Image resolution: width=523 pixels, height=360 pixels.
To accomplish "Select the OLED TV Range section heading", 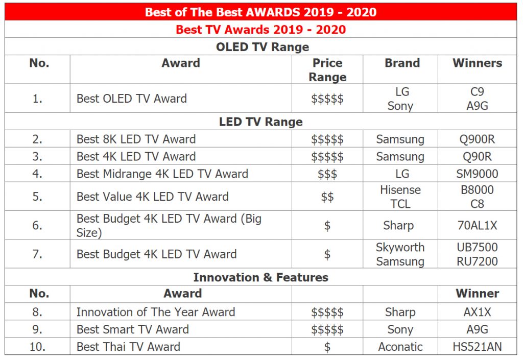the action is (x=263, y=47).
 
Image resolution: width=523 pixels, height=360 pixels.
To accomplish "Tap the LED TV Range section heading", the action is (x=261, y=122).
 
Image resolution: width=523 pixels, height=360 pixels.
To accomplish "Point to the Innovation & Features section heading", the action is (x=261, y=277).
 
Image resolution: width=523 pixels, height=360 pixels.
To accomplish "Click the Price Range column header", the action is (x=327, y=69).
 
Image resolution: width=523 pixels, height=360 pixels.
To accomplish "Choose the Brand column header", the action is (x=402, y=63).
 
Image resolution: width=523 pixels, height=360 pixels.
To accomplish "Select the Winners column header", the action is (x=478, y=63).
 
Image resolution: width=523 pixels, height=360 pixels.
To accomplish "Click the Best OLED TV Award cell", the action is (x=132, y=99).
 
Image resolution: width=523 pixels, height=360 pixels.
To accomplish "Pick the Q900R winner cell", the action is (x=478, y=139).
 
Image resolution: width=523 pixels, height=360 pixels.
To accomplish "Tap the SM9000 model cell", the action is (x=478, y=174).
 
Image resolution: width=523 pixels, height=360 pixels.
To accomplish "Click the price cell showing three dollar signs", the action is (x=327, y=174).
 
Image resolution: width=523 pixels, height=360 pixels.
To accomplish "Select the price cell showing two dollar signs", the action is (x=327, y=197).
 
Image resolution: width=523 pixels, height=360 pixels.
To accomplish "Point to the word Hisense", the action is (x=400, y=190).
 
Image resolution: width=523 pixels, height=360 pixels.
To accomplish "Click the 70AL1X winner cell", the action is (x=478, y=226).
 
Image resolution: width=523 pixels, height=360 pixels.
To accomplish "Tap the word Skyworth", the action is (x=400, y=247).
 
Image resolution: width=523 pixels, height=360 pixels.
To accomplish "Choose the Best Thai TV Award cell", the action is (x=128, y=347).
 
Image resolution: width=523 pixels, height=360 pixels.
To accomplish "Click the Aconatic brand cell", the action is (x=400, y=347).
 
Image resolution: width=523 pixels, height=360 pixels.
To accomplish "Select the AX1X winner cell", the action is (x=478, y=312).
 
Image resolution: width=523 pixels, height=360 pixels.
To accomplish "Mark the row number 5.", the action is (x=37, y=197).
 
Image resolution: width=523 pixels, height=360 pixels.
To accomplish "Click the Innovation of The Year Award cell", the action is (x=156, y=312).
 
